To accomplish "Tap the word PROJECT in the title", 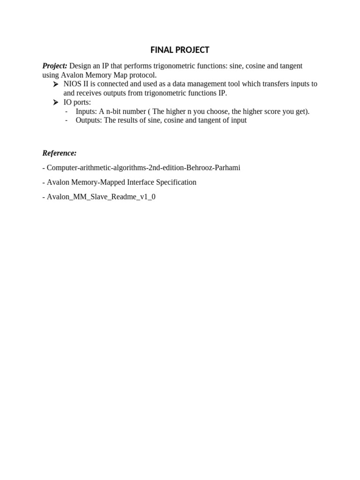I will click(191, 50).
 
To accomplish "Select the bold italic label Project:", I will click(55, 66).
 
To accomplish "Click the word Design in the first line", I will click(81, 66).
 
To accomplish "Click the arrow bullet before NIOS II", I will click(56, 84).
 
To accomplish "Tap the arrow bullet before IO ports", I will click(56, 102).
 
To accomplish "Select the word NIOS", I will click(73, 84).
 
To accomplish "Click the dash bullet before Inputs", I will click(67, 111).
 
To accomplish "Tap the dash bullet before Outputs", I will click(67, 120).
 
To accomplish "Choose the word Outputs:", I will click(89, 120).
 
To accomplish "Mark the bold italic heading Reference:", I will click(60, 153).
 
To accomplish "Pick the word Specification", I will click(174, 182).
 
